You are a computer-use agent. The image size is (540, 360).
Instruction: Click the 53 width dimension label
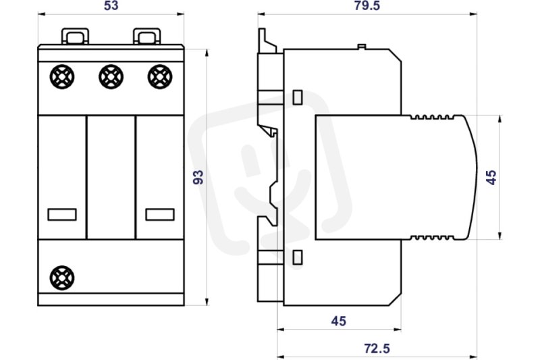pos(111,5)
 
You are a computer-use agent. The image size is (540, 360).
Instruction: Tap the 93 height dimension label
pos(198,177)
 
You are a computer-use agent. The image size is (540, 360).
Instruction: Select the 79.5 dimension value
pos(367,5)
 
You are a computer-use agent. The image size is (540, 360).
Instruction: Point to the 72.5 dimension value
pos(377,349)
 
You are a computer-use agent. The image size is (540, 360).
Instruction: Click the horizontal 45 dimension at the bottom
pos(339,321)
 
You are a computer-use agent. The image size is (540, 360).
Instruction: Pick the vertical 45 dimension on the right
pos(491,177)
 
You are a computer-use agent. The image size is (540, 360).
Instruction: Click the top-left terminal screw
pos(62,76)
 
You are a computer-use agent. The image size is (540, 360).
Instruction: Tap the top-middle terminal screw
pos(111,76)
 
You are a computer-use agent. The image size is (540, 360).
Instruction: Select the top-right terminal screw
pos(160,76)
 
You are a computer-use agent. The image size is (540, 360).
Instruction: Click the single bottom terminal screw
pos(62,278)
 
